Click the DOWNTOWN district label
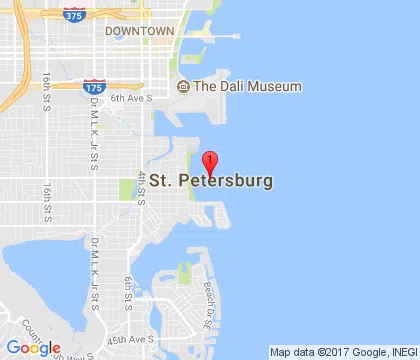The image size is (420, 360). point(139,32)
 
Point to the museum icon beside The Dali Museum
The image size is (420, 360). point(183,87)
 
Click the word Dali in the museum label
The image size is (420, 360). point(237,87)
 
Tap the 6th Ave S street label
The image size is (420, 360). point(131,98)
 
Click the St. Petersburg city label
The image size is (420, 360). point(211,183)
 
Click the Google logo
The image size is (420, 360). point(32,348)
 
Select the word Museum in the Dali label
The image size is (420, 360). point(277,87)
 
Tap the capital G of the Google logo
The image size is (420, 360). point(12,348)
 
